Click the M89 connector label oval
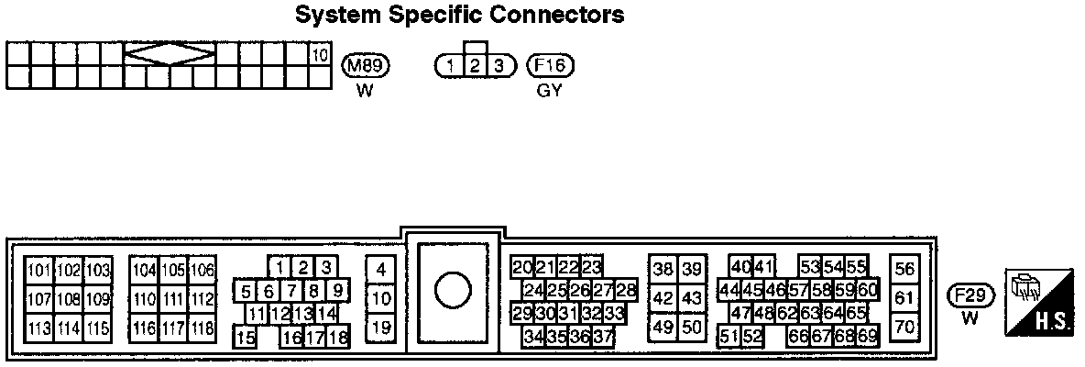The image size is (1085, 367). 366,65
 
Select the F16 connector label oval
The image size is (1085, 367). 552,65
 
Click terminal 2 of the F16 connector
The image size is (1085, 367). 475,65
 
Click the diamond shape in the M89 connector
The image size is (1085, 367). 170,55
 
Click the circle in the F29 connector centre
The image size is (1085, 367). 452,292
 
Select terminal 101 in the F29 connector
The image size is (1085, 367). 39,271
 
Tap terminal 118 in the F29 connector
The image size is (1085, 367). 202,328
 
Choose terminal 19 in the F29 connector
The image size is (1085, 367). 381,327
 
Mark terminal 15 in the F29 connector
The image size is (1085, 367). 245,338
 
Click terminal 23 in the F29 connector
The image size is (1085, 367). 591,268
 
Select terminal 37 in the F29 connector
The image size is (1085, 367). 602,337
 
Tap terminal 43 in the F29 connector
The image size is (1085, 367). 692,298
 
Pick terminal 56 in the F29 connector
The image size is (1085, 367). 904,270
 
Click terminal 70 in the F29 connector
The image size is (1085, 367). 904,327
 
